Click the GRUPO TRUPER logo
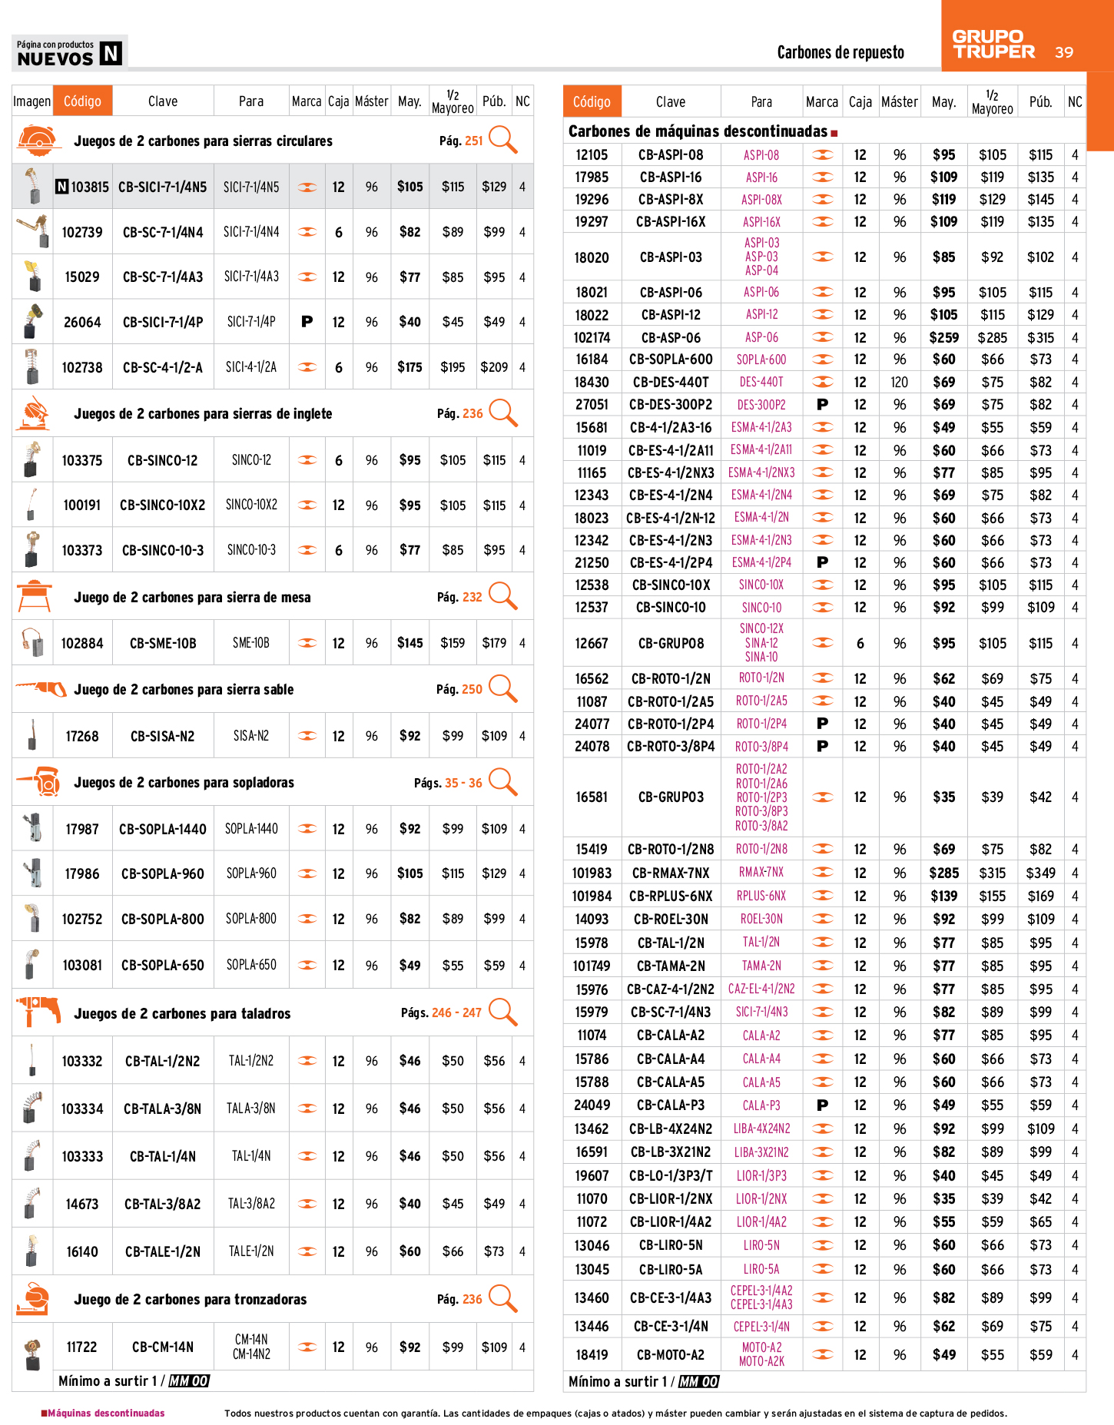click(993, 45)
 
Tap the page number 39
click(1064, 52)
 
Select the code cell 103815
click(90, 187)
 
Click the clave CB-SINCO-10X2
click(162, 505)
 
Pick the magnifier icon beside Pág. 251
click(503, 140)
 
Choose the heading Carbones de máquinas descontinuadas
click(698, 131)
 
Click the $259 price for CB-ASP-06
click(943, 337)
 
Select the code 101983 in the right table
click(592, 873)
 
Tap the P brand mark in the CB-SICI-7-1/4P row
click(307, 322)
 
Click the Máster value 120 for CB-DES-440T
click(900, 383)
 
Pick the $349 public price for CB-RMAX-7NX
click(1040, 873)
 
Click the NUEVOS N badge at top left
click(69, 52)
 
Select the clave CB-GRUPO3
click(671, 797)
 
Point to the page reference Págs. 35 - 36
click(448, 783)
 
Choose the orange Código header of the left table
click(82, 101)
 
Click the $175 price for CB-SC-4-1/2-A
click(409, 367)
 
